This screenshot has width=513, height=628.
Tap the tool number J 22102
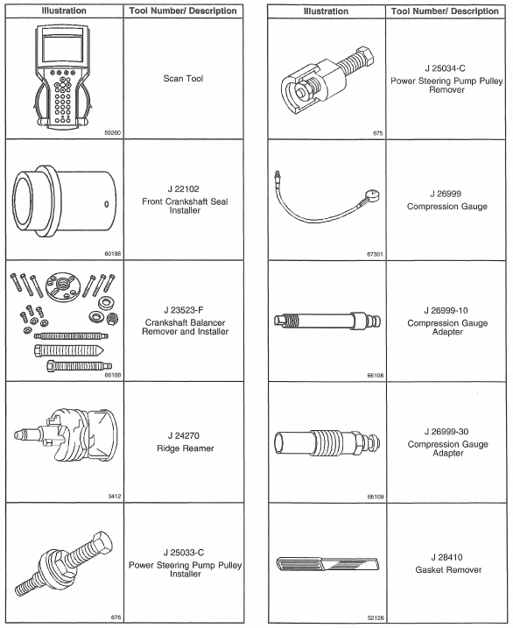click(x=183, y=189)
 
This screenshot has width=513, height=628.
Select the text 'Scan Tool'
click(x=183, y=79)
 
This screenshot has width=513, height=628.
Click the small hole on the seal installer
click(x=107, y=204)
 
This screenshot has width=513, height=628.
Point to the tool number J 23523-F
click(x=184, y=310)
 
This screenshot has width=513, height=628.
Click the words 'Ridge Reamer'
click(x=186, y=448)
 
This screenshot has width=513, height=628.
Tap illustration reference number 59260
click(x=112, y=132)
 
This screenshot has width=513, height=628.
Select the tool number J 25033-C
click(x=184, y=553)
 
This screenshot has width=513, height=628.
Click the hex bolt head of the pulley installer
click(x=102, y=544)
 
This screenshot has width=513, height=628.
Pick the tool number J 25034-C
click(x=446, y=68)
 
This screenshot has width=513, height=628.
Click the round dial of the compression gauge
click(x=372, y=196)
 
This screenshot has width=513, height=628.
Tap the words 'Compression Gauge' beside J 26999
click(x=447, y=207)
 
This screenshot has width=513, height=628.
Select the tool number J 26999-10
click(x=446, y=310)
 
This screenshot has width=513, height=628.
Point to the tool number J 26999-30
click(x=446, y=432)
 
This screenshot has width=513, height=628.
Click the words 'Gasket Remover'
click(x=448, y=569)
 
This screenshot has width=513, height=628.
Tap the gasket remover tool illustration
click(x=327, y=564)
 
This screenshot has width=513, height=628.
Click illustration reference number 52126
click(x=376, y=618)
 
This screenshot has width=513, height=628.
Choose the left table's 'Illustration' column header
click(x=64, y=11)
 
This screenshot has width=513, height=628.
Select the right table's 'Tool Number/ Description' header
click(x=445, y=11)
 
